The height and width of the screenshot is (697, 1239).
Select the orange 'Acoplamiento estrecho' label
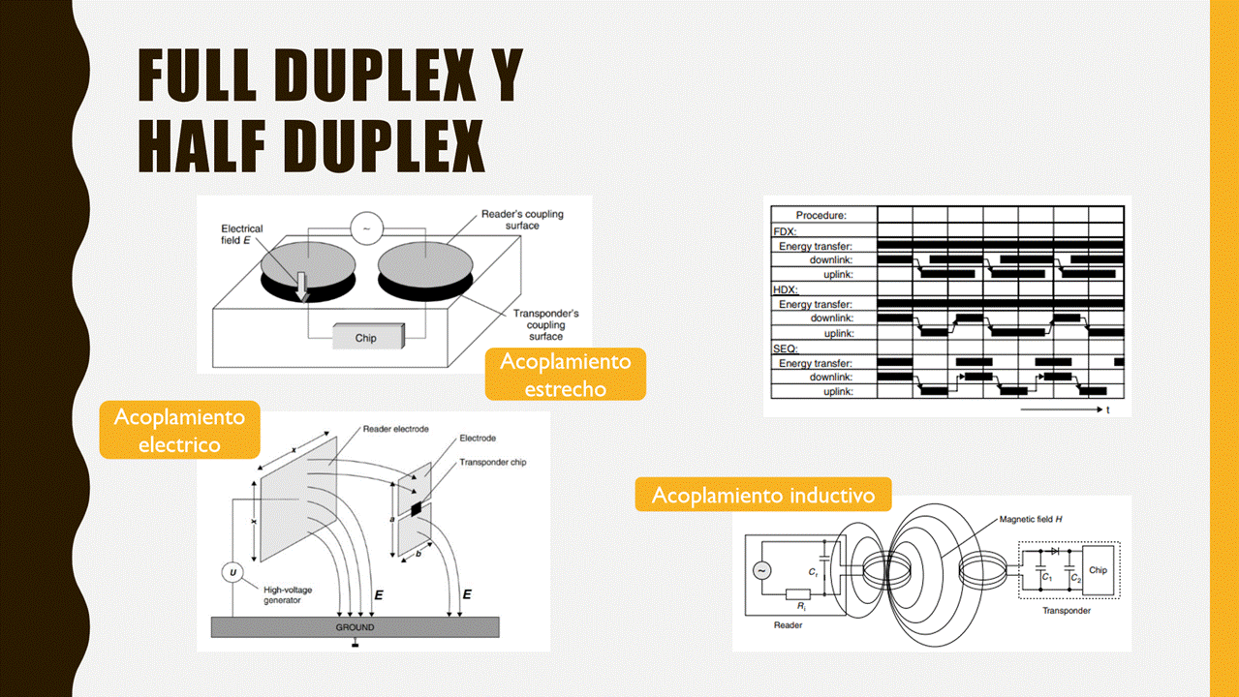coord(565,374)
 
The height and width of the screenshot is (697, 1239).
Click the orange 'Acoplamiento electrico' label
coord(179,430)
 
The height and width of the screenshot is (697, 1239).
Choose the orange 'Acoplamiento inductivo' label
coord(763,495)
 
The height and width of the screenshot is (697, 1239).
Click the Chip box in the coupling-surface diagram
coord(366,337)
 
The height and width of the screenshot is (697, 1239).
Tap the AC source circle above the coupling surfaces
coord(365,227)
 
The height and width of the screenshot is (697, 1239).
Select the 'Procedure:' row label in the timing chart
coord(821,215)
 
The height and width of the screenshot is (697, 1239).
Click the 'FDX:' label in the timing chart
coord(785,232)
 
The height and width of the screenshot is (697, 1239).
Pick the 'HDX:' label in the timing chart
coord(785,289)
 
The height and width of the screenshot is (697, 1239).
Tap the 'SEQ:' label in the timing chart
coord(785,348)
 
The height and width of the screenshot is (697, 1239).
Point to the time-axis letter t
coord(1107,410)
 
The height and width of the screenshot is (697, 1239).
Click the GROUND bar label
coord(354,627)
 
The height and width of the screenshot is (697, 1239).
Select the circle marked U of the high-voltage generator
coord(232,573)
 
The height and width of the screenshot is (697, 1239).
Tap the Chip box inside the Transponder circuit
coord(1098,570)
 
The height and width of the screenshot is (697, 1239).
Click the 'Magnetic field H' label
coord(1031,520)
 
